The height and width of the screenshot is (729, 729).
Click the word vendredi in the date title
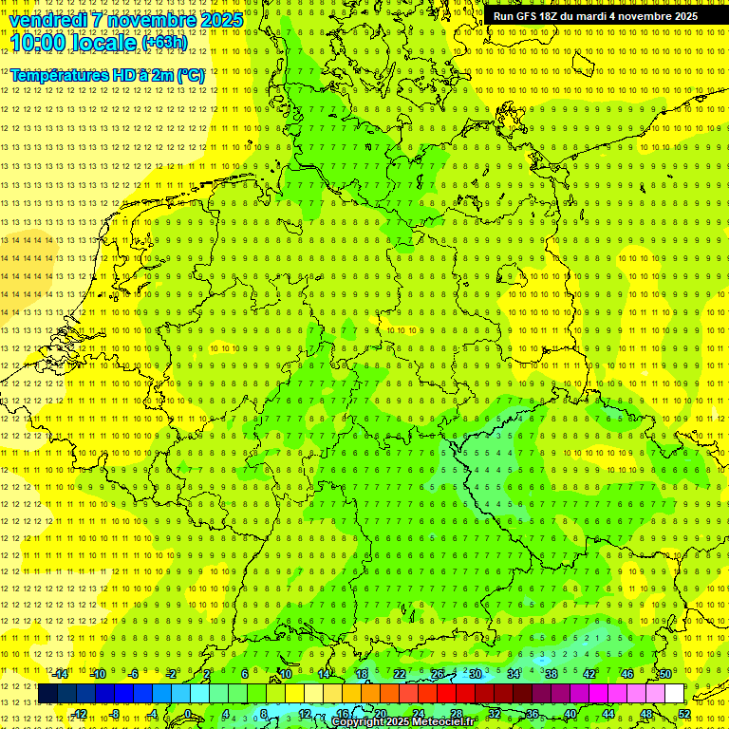click(x=49, y=20)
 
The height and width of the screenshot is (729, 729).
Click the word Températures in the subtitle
click(x=60, y=75)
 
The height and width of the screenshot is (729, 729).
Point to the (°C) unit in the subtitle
click(x=189, y=75)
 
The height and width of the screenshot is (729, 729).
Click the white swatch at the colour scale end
click(x=674, y=694)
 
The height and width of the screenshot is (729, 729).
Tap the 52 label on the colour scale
click(x=684, y=714)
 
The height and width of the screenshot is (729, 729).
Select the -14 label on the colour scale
click(x=60, y=674)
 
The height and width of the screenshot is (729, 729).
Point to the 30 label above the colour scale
click(x=476, y=674)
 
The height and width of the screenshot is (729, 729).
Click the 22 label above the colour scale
click(x=400, y=674)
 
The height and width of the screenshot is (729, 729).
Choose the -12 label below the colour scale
click(x=79, y=714)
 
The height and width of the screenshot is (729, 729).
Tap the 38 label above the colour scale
click(x=551, y=674)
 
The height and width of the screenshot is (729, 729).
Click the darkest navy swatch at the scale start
click(x=47, y=694)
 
